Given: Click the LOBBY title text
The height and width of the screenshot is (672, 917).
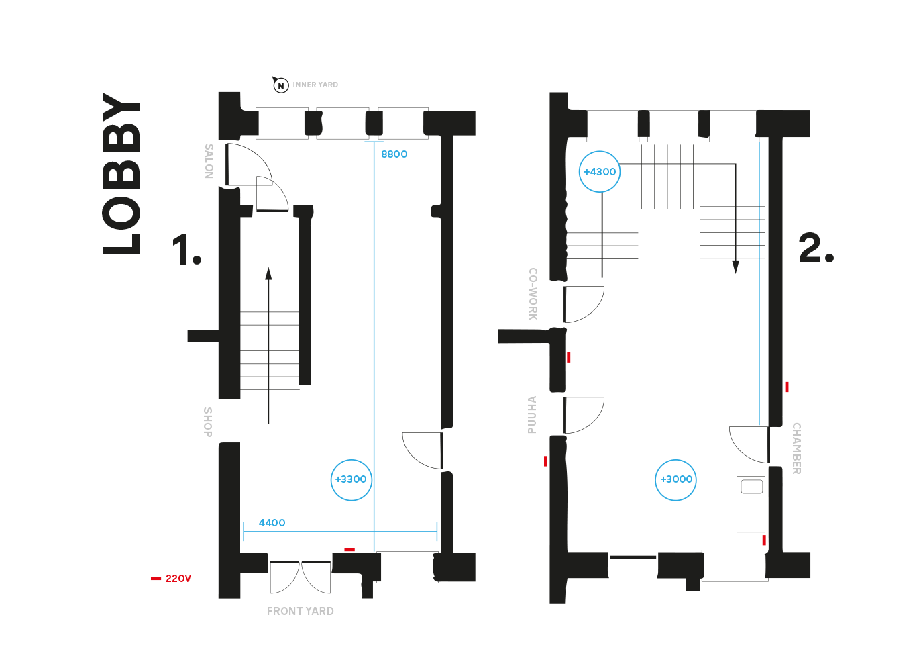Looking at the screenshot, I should [122, 173].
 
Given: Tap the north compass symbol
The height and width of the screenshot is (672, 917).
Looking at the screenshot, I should [280, 85].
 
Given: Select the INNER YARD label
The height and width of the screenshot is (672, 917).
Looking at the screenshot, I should [315, 85].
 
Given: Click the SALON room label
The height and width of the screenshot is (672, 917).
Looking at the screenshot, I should [209, 161].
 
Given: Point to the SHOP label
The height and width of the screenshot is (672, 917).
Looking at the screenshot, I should [208, 422].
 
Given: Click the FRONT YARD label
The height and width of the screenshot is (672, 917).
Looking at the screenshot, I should [300, 611].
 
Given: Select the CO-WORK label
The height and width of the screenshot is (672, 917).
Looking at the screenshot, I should [533, 294].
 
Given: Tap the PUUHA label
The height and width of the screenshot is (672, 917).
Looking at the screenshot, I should [532, 415].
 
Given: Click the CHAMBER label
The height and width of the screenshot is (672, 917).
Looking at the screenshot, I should [796, 448].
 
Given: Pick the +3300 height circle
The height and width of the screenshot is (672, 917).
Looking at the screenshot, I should [351, 479].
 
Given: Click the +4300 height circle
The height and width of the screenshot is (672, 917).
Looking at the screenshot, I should [599, 171].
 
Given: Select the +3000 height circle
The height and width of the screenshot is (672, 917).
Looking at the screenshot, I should [676, 479].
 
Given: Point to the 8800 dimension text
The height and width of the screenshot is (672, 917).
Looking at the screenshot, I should [394, 154].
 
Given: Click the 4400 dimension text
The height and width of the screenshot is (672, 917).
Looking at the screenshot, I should [272, 522].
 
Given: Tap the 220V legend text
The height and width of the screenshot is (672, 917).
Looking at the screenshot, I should [178, 579].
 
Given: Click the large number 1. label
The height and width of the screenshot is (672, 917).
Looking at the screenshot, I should [186, 250].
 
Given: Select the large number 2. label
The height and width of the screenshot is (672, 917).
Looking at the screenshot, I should [815, 248].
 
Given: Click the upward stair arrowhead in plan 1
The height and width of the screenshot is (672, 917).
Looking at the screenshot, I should [268, 273].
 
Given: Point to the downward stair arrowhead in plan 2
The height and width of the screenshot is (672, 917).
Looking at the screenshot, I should [735, 267].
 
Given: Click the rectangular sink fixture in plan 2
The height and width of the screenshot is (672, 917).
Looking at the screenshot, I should [751, 503].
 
